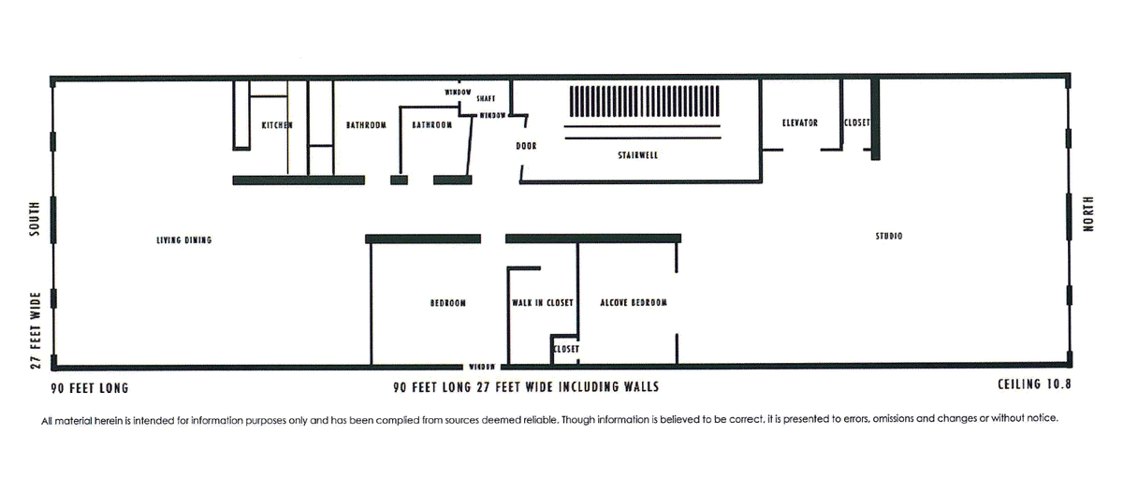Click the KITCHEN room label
pos(277,125)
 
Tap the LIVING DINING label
pos(184,240)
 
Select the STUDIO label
pos(889,236)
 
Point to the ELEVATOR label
pos(799,123)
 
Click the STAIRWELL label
pos(637,155)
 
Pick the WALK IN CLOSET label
pos(543,303)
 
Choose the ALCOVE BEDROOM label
pos(634,303)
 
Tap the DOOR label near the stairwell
pos(526,146)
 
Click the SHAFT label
pos(486,99)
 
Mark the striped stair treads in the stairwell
pos(644,101)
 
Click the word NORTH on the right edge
pos(1087,214)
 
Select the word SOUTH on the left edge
pos(34,219)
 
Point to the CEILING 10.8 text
pos(1034,384)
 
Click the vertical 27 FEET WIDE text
pos(36,331)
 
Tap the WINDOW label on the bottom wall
pos(482,367)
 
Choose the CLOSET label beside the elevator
pos(857,123)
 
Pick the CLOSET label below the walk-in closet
pos(566,349)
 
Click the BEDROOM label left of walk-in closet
pos(447,303)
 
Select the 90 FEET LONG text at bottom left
pos(90,388)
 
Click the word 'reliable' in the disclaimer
pos(541,420)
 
